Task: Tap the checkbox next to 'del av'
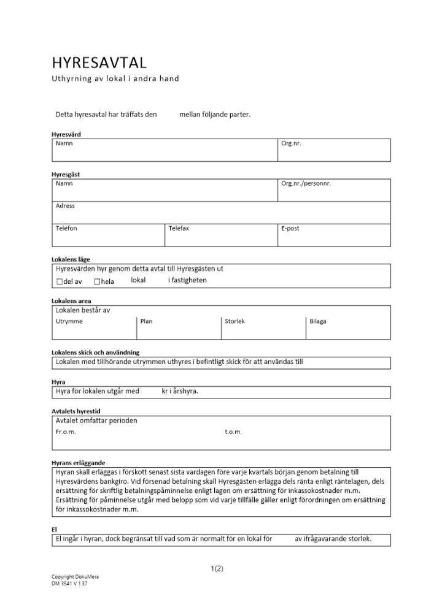(60, 281)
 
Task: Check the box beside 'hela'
(97, 281)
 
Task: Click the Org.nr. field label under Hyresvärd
(291, 143)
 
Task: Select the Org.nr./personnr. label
(306, 183)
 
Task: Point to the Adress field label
(65, 206)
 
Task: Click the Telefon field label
(66, 228)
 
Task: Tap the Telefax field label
(179, 228)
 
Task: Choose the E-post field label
(290, 228)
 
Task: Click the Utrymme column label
(69, 321)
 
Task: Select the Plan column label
(146, 321)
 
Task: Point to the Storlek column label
(234, 321)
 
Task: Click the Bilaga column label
(318, 321)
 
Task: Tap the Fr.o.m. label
(65, 432)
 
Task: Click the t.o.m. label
(233, 432)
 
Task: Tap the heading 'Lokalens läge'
(71, 259)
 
